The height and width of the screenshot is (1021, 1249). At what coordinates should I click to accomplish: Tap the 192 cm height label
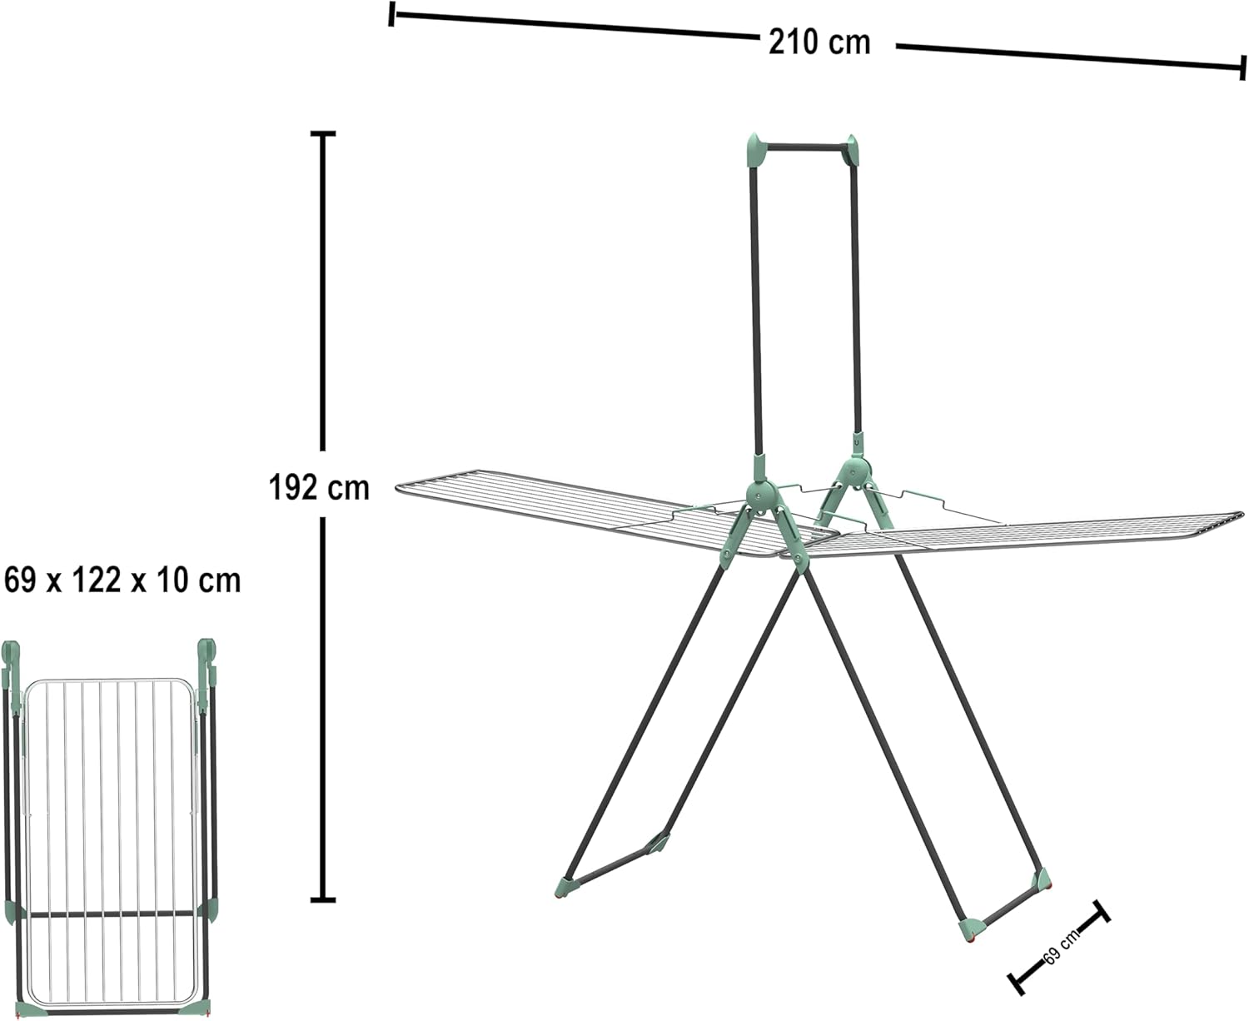point(319,488)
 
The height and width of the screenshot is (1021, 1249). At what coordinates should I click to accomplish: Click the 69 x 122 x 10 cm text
point(122,580)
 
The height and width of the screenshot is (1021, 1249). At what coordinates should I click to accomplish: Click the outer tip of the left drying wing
point(397,488)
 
